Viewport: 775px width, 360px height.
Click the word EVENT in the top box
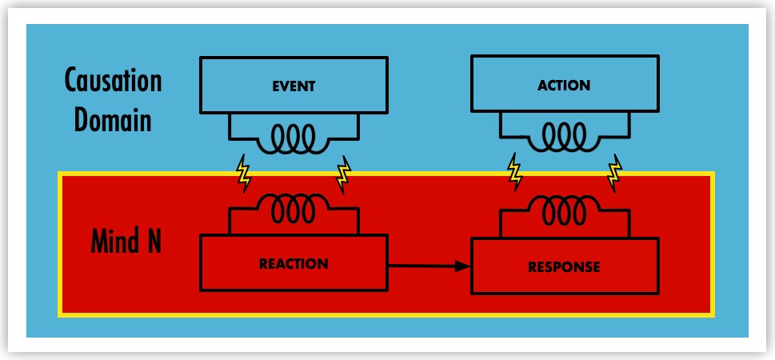pyautogui.click(x=294, y=86)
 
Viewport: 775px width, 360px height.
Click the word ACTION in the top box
pyautogui.click(x=564, y=86)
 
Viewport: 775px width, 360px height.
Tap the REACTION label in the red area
pyautogui.click(x=294, y=263)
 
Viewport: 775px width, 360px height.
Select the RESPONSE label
pyautogui.click(x=564, y=267)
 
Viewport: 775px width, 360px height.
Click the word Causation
pyautogui.click(x=113, y=81)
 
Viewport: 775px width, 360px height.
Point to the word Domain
pyautogui.click(x=113, y=119)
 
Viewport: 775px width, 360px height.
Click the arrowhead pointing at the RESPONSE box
pyautogui.click(x=461, y=266)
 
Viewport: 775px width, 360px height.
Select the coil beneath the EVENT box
pyautogui.click(x=294, y=140)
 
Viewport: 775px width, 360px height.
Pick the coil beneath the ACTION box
pyautogui.click(x=564, y=138)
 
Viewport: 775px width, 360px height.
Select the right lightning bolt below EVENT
pyautogui.click(x=344, y=174)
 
